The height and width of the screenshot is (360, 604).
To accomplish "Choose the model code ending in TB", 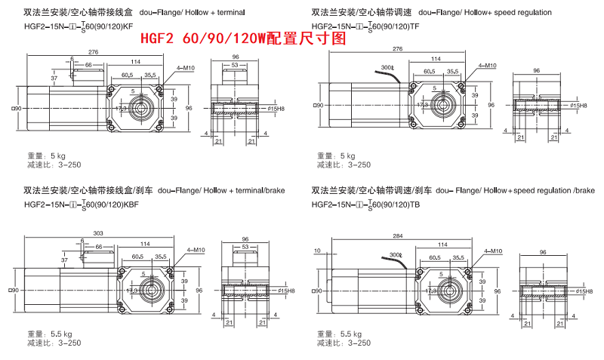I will point(365,204).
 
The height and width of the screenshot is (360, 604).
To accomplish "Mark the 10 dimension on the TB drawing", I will point(318,251).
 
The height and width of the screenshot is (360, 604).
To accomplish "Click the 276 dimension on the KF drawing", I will point(93,52).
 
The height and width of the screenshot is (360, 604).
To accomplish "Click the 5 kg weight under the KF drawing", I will point(56,155).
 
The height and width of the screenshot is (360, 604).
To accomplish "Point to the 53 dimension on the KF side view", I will point(236,66).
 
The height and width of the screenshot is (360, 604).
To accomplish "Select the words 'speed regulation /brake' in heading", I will point(544,189).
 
